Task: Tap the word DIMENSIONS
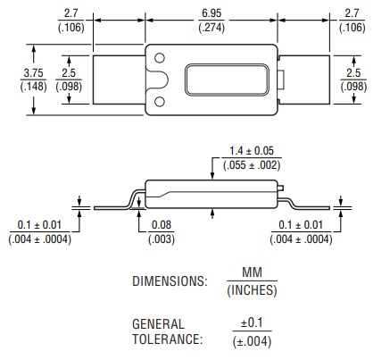[170, 280]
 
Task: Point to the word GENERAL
[158, 324]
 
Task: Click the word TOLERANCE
[167, 339]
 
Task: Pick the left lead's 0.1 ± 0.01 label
[39, 225]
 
